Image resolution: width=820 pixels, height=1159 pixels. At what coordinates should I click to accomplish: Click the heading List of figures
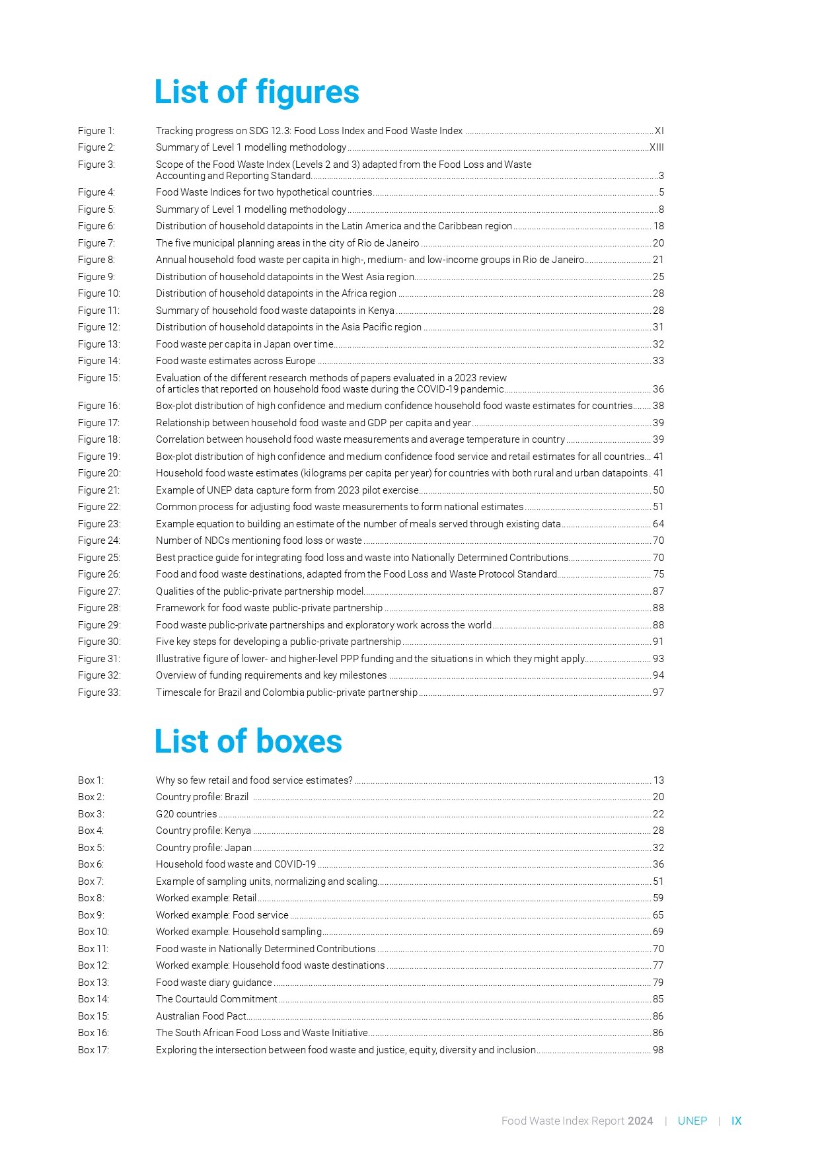coord(256,92)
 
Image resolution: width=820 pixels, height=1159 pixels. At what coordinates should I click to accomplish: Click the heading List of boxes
coord(248,741)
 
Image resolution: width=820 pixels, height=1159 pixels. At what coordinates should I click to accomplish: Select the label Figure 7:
coord(96,243)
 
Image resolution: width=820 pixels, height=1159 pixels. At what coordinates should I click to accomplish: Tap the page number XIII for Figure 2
coord(656,147)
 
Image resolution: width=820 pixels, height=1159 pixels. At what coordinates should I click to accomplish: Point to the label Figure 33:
coord(99,692)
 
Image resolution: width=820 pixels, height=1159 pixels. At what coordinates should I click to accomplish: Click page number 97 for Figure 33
coord(658,692)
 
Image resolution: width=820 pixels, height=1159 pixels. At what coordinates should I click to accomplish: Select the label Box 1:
coord(91,780)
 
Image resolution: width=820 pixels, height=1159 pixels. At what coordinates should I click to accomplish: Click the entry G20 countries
coord(186,814)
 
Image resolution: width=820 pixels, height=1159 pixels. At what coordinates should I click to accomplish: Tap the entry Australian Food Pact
coord(201,1016)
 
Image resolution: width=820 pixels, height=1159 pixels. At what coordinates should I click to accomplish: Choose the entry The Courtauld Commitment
coord(216,999)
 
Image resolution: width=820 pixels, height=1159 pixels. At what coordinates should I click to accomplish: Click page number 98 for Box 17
coord(658,1050)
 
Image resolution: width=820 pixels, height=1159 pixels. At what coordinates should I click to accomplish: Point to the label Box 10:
coord(93,932)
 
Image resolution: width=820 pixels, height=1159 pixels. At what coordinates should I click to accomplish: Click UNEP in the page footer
coord(692,1121)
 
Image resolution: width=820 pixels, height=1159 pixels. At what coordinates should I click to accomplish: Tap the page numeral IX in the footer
coord(736,1121)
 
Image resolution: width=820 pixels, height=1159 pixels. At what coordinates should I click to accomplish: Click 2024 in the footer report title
coord(640,1121)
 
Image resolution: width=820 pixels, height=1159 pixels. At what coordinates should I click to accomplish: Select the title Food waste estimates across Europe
coord(236,361)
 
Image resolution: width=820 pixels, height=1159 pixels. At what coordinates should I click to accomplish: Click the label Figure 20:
coord(99,473)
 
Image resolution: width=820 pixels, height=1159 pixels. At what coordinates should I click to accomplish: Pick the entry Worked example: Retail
coord(206,898)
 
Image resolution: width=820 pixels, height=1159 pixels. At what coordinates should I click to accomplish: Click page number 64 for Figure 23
coord(658,524)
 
